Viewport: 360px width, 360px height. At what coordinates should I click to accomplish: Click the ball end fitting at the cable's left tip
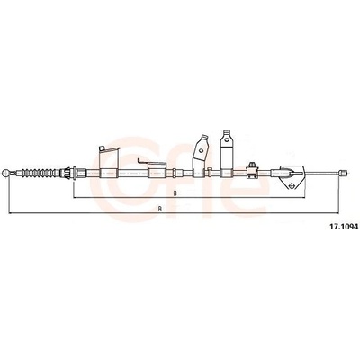tap(5, 173)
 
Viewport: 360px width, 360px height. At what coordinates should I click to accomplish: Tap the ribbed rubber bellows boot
tap(40, 173)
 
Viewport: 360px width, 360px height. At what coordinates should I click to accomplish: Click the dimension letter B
tap(175, 193)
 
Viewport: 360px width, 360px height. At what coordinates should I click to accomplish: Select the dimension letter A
tap(160, 209)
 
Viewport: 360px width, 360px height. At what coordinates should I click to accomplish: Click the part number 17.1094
tap(344, 227)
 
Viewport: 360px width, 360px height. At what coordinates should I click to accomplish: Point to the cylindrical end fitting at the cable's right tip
tap(344, 173)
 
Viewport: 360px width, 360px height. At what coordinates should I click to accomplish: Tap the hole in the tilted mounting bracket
tap(202, 149)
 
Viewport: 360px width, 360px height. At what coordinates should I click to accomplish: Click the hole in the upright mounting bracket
tap(227, 139)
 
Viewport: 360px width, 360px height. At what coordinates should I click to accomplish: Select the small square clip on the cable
tap(252, 171)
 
